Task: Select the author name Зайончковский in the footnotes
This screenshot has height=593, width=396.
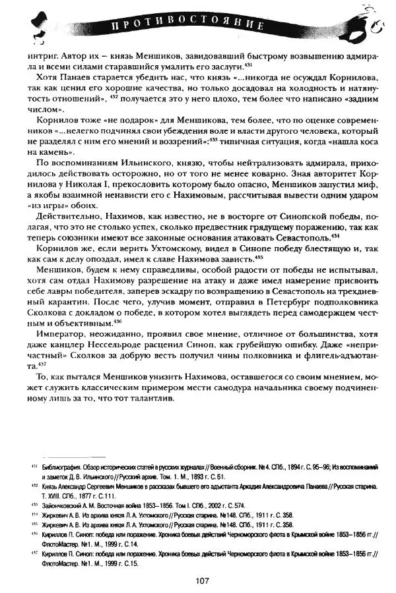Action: click(x=62, y=503)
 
